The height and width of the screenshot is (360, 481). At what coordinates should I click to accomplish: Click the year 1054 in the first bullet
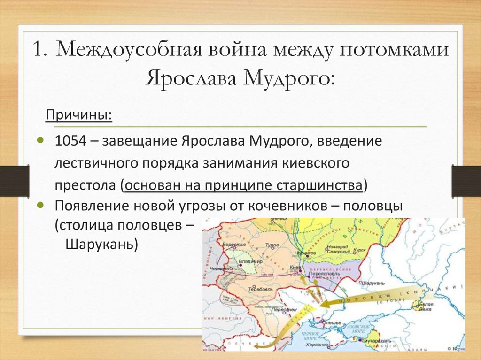tap(68, 142)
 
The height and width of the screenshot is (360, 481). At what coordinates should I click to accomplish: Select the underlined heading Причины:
tap(78, 115)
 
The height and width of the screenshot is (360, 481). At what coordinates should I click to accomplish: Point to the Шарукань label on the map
tap(374, 283)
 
